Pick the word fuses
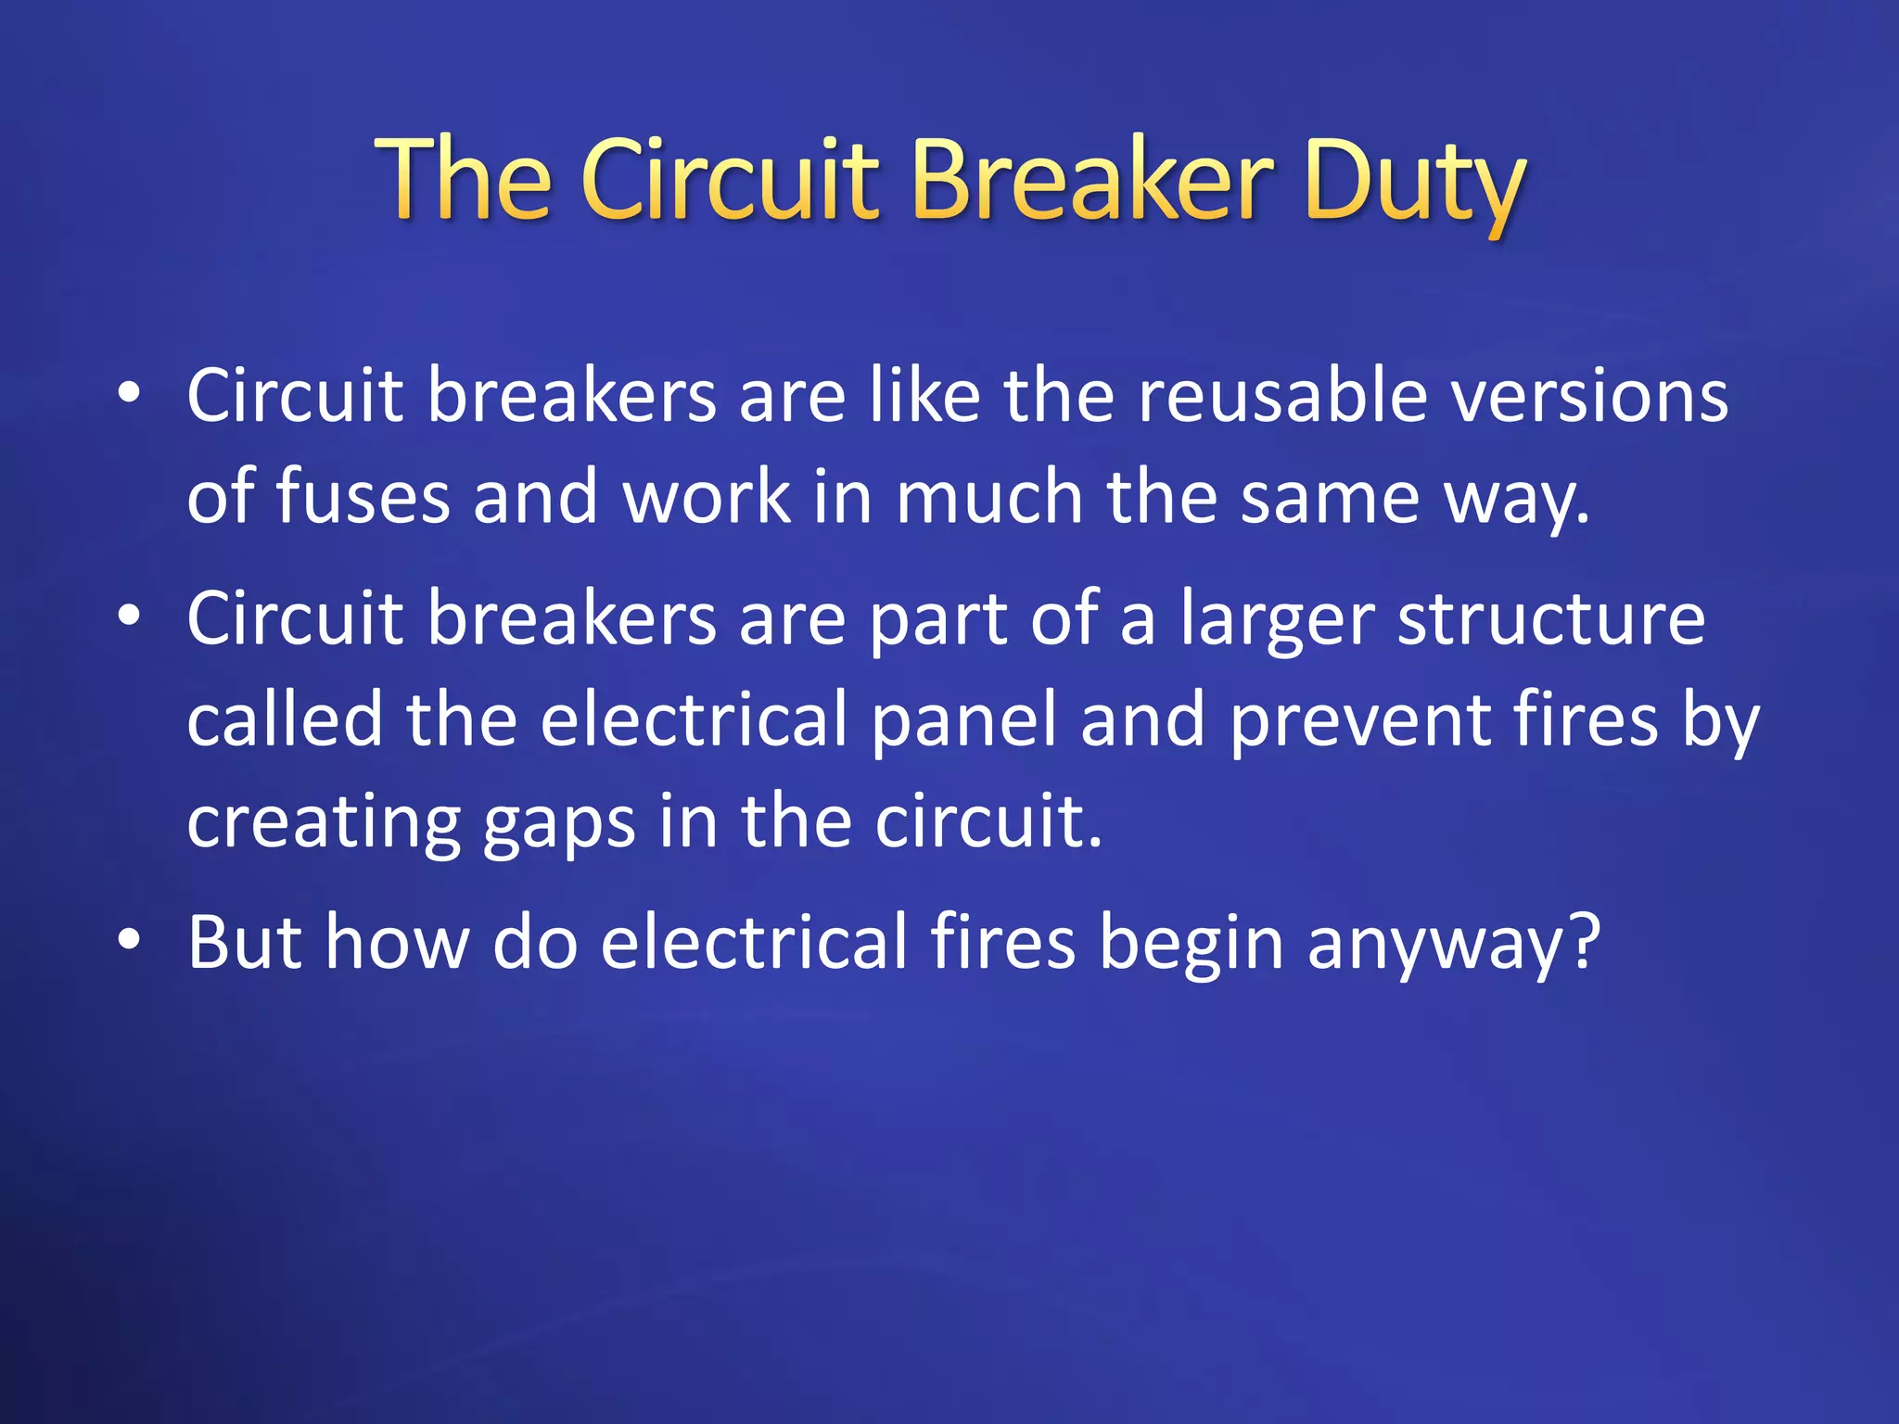pos(363,497)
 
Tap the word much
pos(989,497)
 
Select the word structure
pos(1551,618)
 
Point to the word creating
pos(324,823)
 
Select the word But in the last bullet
pos(245,942)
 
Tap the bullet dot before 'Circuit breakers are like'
pos(129,393)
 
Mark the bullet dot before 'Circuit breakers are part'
pos(129,616)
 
